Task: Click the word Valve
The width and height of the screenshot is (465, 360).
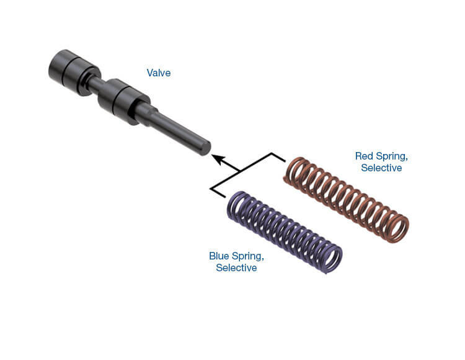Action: (x=159, y=73)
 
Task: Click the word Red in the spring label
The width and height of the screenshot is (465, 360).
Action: (x=364, y=156)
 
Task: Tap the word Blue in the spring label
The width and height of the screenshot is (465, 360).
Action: (x=219, y=256)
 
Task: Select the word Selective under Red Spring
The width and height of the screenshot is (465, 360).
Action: (x=381, y=168)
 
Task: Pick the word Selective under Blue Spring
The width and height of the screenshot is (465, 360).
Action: (x=236, y=268)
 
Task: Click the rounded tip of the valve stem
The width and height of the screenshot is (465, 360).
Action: (x=206, y=148)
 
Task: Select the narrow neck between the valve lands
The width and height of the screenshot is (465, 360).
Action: (x=94, y=83)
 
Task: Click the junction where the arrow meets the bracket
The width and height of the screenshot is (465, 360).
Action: (x=239, y=171)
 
